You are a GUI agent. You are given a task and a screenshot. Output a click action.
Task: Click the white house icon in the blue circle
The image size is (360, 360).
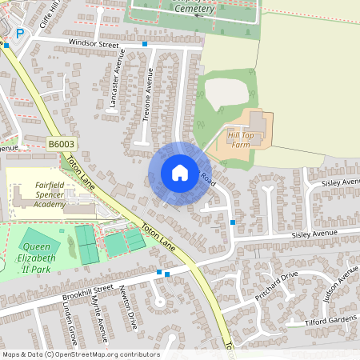pos(179,173)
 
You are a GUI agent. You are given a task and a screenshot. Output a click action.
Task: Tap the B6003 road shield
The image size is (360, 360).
pos(60,143)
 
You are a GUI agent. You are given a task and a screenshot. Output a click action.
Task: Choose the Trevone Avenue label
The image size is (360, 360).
pos(148,94)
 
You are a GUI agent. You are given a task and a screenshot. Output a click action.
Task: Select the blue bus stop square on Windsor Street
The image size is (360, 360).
pos(144,44)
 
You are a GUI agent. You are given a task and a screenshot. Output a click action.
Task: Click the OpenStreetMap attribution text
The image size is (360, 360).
pos(80,354)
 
